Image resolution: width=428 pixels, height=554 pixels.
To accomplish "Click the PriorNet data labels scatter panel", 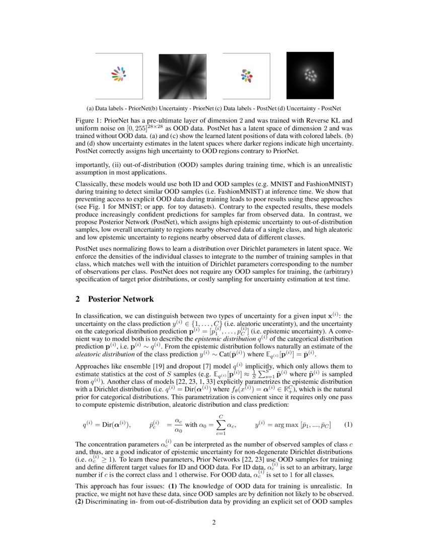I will click(119, 76).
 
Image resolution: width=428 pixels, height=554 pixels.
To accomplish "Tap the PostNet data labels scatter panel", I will click(246, 76).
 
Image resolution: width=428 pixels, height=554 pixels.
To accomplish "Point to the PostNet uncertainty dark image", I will click(310, 76).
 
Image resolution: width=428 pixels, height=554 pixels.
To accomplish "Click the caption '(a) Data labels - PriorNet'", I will click(118, 108).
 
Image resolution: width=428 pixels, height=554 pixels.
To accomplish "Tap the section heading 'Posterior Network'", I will click(121, 299).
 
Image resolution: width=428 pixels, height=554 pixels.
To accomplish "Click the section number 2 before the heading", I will click(78, 299).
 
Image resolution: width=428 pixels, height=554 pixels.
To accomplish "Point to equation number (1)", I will click(348, 425).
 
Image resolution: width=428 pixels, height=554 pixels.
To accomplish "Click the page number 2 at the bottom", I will click(214, 522).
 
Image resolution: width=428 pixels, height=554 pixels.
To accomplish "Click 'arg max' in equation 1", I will click(284, 425).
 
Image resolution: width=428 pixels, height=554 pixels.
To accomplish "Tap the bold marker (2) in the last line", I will click(81, 503).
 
